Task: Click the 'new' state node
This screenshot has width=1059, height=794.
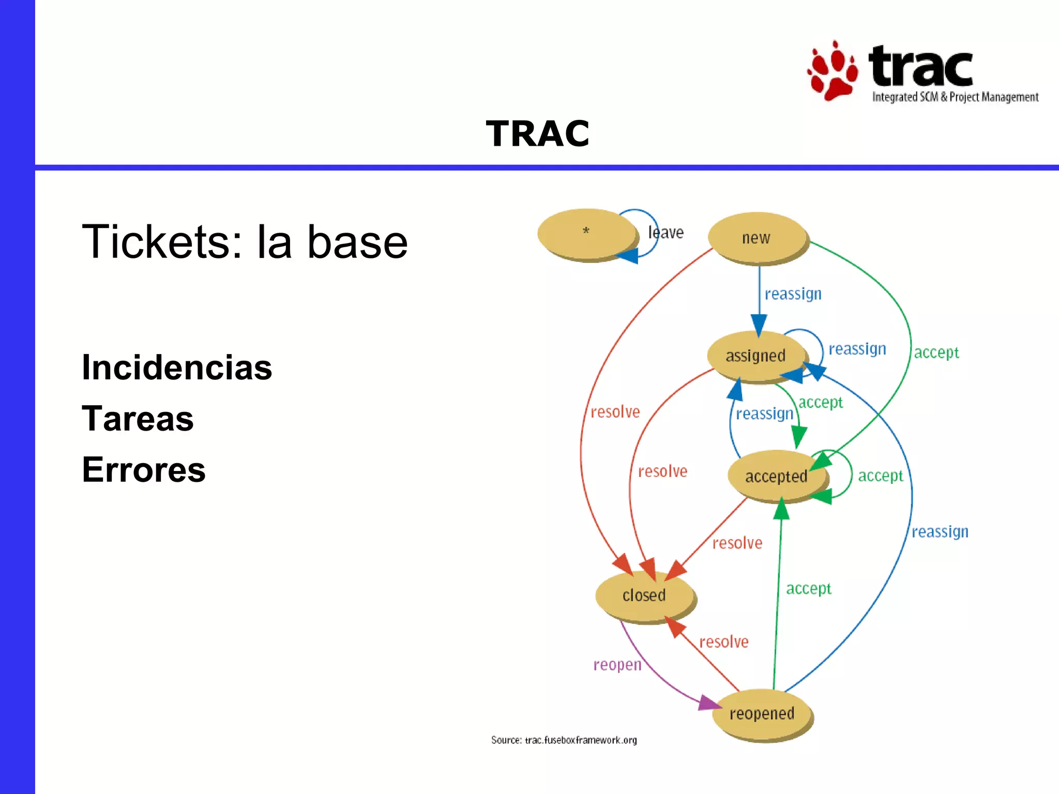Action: coord(757,238)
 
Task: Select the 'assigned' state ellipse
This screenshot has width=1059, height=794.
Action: coord(755,356)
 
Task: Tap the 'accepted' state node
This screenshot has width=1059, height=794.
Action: coord(776,476)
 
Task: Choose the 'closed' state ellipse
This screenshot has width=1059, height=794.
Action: coord(644,595)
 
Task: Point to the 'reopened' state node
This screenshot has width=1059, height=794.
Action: coord(762,714)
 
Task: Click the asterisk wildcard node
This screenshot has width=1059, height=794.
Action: coord(586,233)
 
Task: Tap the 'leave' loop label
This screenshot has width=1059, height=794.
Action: coord(666,233)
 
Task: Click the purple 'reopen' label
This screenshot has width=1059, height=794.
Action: coord(617,665)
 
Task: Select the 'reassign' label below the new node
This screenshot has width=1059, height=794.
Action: coord(793,294)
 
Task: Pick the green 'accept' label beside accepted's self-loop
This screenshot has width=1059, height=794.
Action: coord(880,476)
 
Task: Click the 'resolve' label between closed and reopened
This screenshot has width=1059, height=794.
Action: coord(723,642)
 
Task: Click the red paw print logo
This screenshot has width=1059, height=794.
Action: coord(832,71)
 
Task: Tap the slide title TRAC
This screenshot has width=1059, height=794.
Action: coord(537,133)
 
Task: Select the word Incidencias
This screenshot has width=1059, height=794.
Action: coord(177,368)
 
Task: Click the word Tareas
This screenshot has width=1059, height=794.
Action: coord(138,418)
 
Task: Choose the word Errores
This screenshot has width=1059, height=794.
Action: coord(144,470)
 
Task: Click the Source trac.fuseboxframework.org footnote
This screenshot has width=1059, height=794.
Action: coord(564,740)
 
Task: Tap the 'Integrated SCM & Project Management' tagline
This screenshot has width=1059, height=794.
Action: coord(955,97)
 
